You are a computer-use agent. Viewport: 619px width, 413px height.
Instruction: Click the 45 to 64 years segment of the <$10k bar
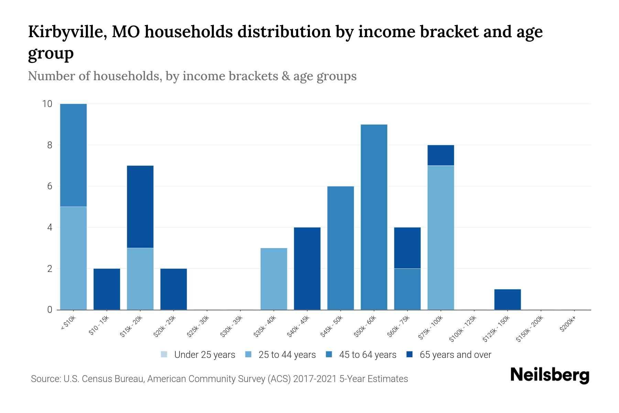point(73,155)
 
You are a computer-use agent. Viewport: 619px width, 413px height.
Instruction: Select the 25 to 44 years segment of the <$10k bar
point(73,258)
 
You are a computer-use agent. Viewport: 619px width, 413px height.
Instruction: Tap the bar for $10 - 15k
point(107,289)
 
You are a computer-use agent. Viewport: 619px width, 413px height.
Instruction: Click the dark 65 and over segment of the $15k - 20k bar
point(140,206)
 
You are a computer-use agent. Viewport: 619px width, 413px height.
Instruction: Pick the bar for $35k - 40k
point(274,279)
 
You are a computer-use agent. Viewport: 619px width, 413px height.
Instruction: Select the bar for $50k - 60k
point(374,217)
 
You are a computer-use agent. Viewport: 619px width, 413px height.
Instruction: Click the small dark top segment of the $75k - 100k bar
point(441,155)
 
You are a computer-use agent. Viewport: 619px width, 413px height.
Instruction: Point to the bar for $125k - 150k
point(507,299)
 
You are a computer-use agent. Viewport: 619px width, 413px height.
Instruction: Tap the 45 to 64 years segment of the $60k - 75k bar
point(407,289)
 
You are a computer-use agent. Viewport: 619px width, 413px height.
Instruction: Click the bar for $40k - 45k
point(307,268)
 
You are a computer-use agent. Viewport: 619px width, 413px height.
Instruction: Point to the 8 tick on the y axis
point(50,145)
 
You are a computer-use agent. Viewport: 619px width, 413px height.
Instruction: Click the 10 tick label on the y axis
point(47,104)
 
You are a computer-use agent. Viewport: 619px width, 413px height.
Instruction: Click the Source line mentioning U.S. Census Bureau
point(219,379)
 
